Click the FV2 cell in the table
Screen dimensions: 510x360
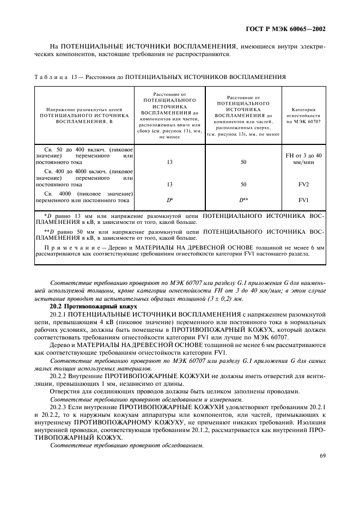[x=303, y=185]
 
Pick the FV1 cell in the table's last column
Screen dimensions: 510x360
[x=303, y=200]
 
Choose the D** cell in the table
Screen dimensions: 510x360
[x=243, y=200]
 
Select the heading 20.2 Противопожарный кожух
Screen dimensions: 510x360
[x=82, y=307]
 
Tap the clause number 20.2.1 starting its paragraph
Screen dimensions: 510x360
[x=59, y=315]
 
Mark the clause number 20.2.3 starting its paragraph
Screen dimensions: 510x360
[x=59, y=406]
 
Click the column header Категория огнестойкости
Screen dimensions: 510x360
[x=303, y=117]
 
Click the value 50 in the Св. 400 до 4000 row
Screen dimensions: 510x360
[x=243, y=185]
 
